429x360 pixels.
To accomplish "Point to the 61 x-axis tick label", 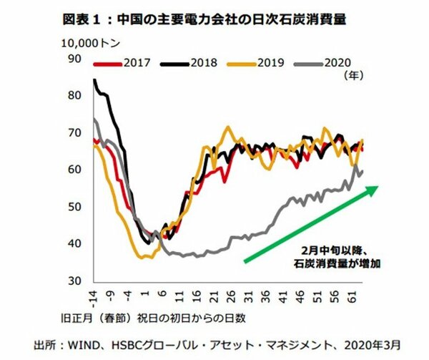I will click(x=352, y=295).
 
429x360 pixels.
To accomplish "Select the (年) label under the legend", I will click(x=353, y=74).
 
